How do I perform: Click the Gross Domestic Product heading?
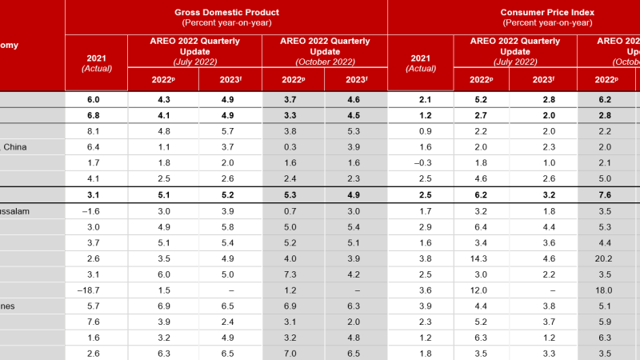pyautogui.click(x=226, y=13)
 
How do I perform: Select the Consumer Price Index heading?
pyautogui.click(x=546, y=13)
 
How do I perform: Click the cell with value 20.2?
pyautogui.click(x=605, y=258)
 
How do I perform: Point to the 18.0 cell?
pyautogui.click(x=605, y=289)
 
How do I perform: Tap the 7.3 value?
pyautogui.click(x=293, y=274)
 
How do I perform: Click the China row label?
pyautogui.click(x=16, y=146)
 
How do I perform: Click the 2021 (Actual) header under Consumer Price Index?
pyautogui.click(x=421, y=63)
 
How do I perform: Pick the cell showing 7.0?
pyautogui.click(x=293, y=353)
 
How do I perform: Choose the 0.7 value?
pyautogui.click(x=293, y=211)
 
